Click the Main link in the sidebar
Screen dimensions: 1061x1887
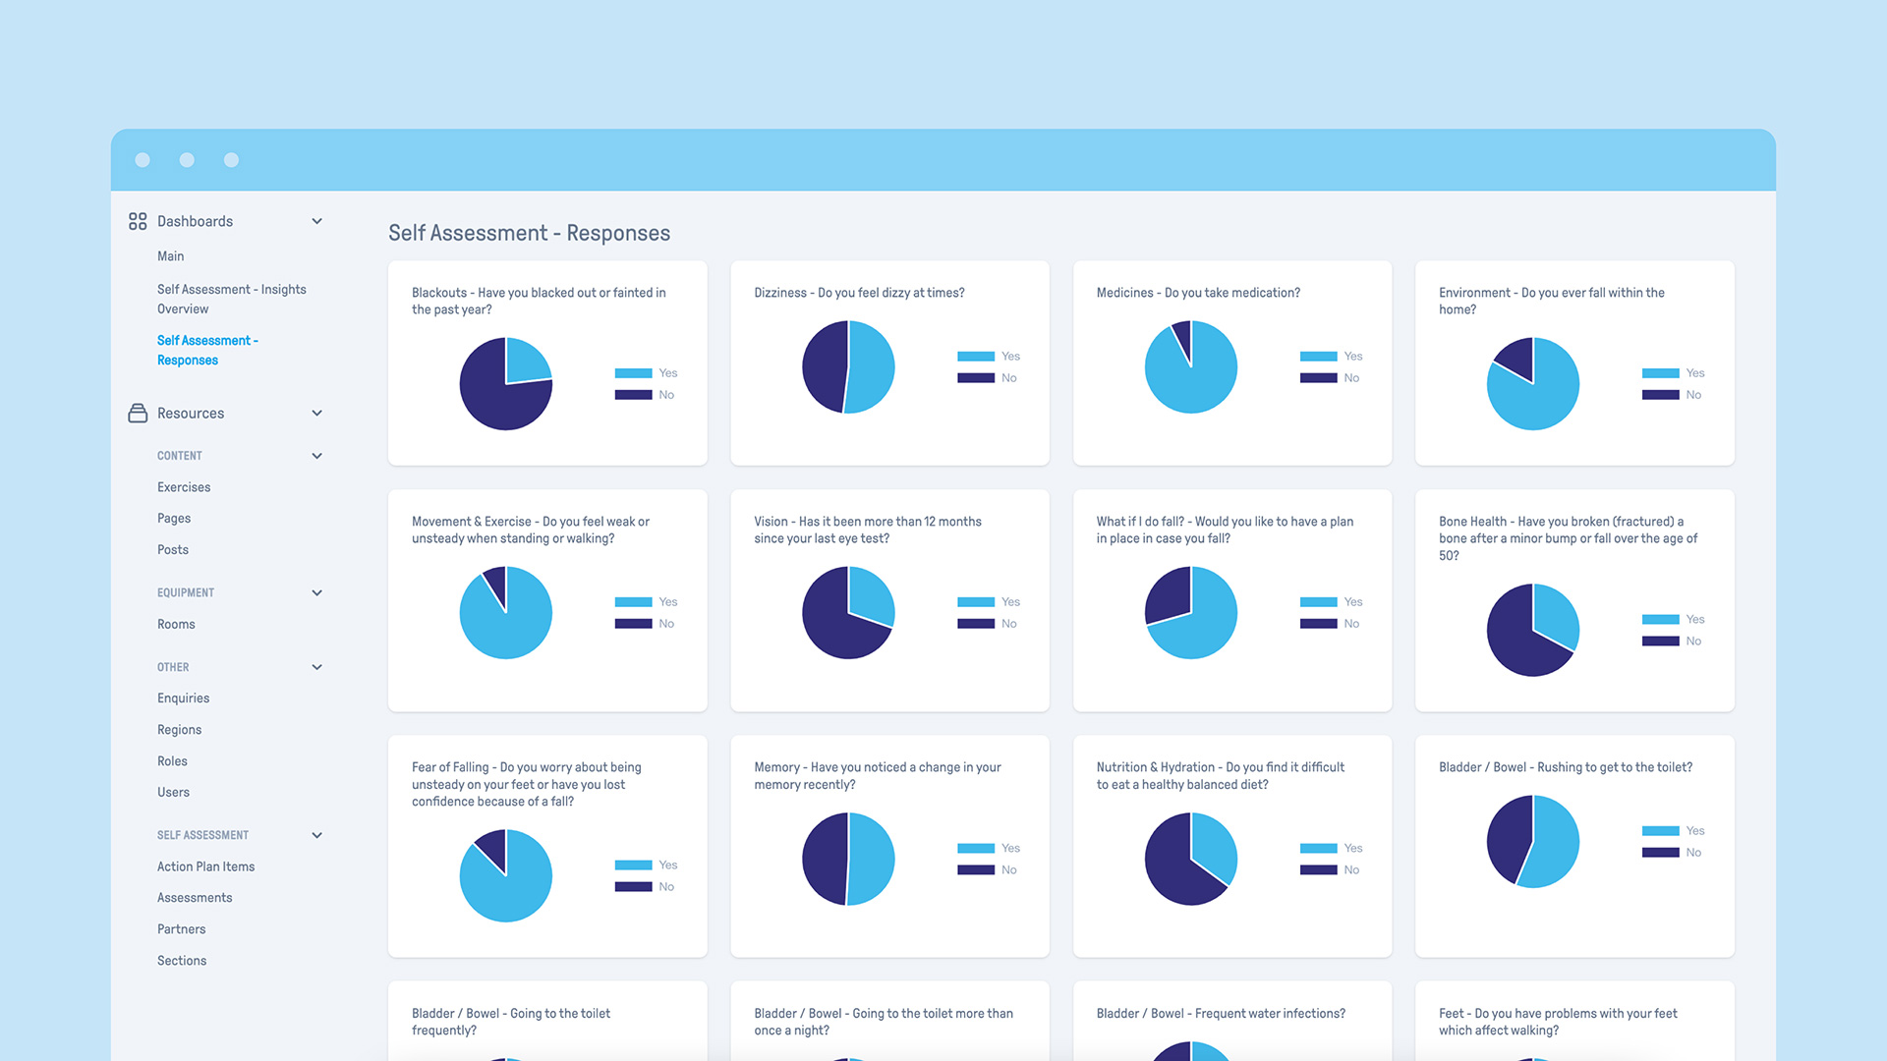click(x=170, y=256)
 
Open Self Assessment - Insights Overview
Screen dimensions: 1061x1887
click(x=231, y=299)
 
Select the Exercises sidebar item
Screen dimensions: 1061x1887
click(x=184, y=487)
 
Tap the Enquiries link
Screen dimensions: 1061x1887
click(x=183, y=698)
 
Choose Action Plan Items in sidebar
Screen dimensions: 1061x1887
click(x=205, y=866)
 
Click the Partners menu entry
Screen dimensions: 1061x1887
click(x=181, y=929)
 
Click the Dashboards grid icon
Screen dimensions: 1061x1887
click(x=138, y=221)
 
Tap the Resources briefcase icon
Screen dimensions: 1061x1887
click(x=138, y=414)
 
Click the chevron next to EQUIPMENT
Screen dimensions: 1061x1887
click(x=316, y=593)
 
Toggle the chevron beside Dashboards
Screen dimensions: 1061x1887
click(x=316, y=221)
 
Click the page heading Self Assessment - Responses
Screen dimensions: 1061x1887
click(x=529, y=233)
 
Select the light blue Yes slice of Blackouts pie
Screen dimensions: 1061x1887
click(x=525, y=362)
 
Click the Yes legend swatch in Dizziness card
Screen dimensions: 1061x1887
click(x=975, y=357)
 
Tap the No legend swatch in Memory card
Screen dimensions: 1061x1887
click(x=975, y=870)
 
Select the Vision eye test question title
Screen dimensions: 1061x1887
click(x=867, y=530)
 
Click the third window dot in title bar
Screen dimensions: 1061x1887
click(x=231, y=160)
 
